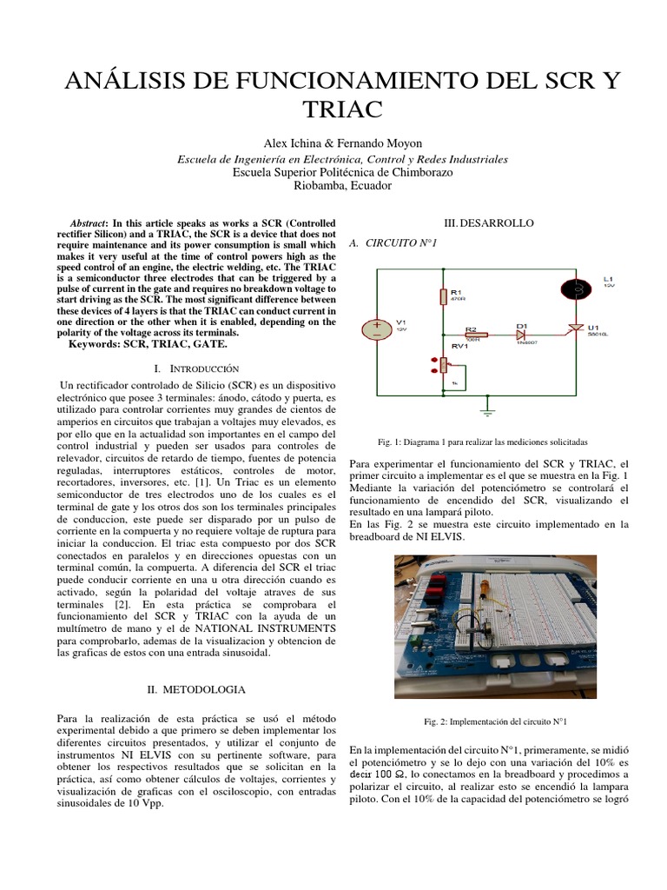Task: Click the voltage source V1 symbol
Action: coord(376,329)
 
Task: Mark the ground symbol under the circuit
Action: coord(488,402)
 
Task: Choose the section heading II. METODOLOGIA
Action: coord(195,689)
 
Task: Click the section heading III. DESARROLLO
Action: coord(490,223)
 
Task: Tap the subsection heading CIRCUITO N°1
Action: coord(393,243)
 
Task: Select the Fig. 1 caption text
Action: coord(490,442)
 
